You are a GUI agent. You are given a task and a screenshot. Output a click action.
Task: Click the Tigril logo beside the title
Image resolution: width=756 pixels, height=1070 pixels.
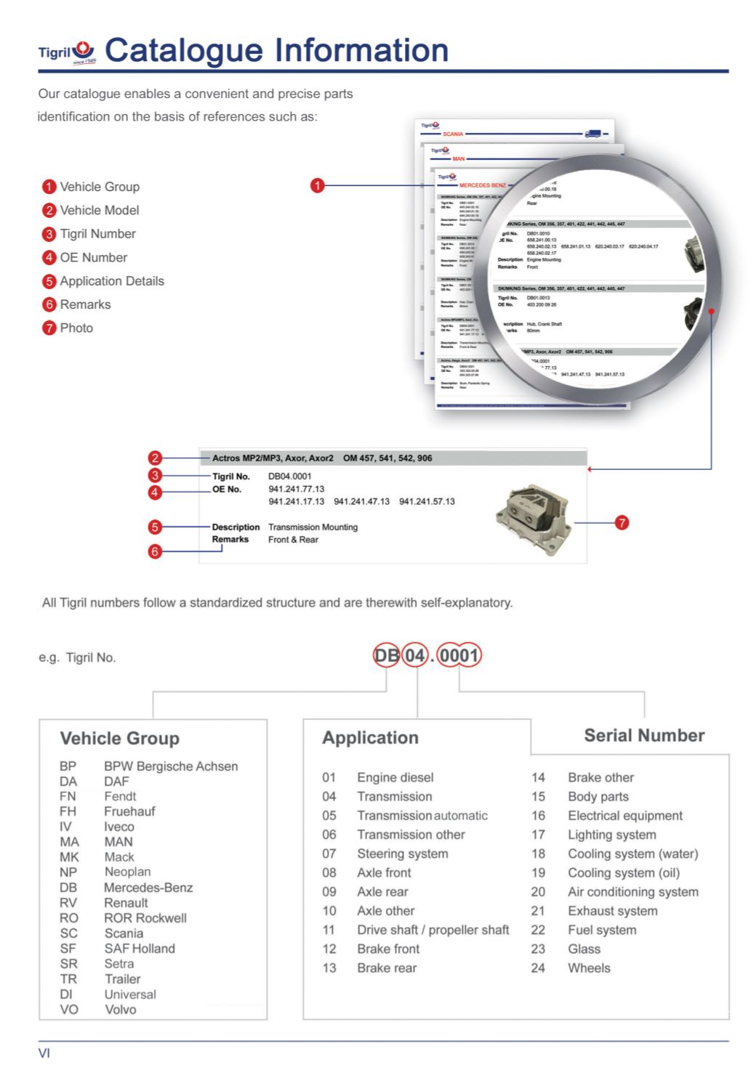point(68,51)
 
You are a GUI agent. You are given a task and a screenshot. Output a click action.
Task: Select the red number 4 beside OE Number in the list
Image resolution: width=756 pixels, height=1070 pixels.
point(49,257)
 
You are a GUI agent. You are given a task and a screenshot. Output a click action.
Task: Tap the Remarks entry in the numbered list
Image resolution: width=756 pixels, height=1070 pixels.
point(85,304)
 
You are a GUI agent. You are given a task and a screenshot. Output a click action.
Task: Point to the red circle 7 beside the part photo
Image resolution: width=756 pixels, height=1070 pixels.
point(622,522)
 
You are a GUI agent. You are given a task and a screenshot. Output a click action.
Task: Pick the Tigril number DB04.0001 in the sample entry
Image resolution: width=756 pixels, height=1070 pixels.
point(289,477)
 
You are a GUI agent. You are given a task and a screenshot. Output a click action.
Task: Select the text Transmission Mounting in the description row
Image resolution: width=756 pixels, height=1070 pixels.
point(313,527)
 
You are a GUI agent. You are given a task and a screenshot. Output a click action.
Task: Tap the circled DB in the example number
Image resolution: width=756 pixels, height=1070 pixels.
point(386,656)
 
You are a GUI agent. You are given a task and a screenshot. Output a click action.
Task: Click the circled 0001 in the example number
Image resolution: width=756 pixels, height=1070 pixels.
point(459,656)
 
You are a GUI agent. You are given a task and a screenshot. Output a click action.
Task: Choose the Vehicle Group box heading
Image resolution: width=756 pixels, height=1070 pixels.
point(119,738)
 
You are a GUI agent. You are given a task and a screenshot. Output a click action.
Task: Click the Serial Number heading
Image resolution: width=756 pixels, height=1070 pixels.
point(644,736)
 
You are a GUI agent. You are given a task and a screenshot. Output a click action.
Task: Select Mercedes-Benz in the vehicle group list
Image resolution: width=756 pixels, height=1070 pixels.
point(148,888)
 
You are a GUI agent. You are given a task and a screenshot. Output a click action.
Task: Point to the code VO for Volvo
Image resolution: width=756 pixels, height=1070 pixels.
point(69,1010)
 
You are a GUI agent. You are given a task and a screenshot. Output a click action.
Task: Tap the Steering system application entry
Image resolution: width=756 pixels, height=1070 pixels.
point(402,854)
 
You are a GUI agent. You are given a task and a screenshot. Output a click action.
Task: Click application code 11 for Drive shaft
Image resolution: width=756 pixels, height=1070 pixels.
point(329,930)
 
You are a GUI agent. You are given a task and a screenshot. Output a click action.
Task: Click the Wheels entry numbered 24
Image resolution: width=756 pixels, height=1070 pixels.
point(589,968)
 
